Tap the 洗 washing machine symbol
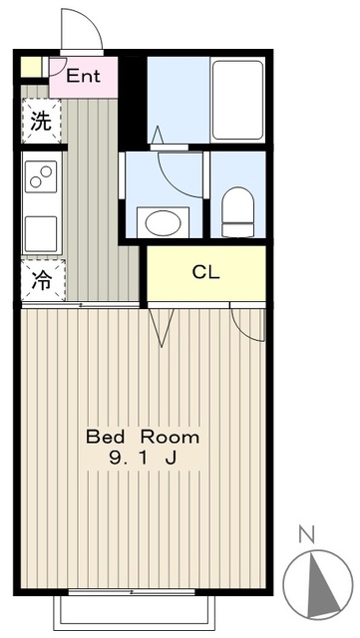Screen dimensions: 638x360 pyautogui.click(x=40, y=123)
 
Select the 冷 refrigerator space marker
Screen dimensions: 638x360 pyautogui.click(x=41, y=280)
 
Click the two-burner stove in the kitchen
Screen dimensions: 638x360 pyautogui.click(x=42, y=178)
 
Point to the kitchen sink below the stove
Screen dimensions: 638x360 pyautogui.click(x=42, y=232)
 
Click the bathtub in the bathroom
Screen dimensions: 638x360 pyautogui.click(x=237, y=100)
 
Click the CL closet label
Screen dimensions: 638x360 pyautogui.click(x=205, y=272)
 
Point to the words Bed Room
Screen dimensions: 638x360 pyautogui.click(x=142, y=437)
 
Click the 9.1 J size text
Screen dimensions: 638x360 pyautogui.click(x=142, y=459)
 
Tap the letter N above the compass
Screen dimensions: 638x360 pyautogui.click(x=307, y=534)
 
